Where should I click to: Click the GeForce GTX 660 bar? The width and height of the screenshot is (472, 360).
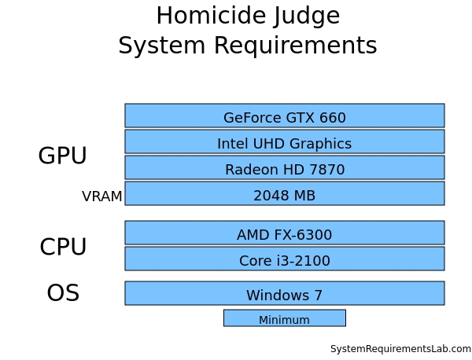(284, 116)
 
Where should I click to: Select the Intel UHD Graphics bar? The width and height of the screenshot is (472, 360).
(284, 141)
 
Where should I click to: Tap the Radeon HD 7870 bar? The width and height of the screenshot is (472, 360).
(284, 167)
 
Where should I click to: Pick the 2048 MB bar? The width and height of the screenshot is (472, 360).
(284, 193)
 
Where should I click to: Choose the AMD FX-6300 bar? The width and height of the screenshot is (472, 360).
(284, 233)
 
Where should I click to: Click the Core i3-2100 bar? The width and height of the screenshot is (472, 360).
(284, 259)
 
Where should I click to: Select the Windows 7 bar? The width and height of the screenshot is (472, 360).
(284, 293)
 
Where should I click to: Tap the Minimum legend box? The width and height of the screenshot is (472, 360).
(284, 318)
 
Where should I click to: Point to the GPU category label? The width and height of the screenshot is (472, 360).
(62, 156)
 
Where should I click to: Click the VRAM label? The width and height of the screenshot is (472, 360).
(102, 197)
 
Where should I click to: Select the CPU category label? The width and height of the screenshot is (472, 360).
(63, 248)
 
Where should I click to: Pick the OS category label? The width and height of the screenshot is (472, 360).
(63, 293)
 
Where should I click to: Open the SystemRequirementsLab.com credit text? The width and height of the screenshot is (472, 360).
(400, 349)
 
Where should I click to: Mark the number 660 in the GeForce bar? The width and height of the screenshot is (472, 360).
(332, 118)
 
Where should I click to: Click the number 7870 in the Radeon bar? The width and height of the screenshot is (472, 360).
(328, 170)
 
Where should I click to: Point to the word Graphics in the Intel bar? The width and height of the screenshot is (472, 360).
(319, 144)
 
